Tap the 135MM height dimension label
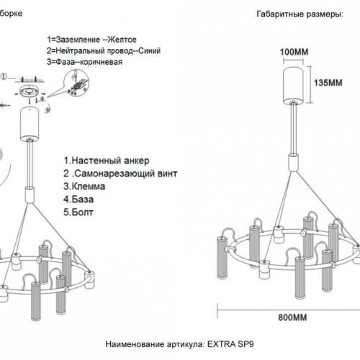(x=325, y=82)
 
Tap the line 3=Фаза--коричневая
(x=84, y=63)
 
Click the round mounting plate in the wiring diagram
(x=30, y=91)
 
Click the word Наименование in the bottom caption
(x=135, y=345)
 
